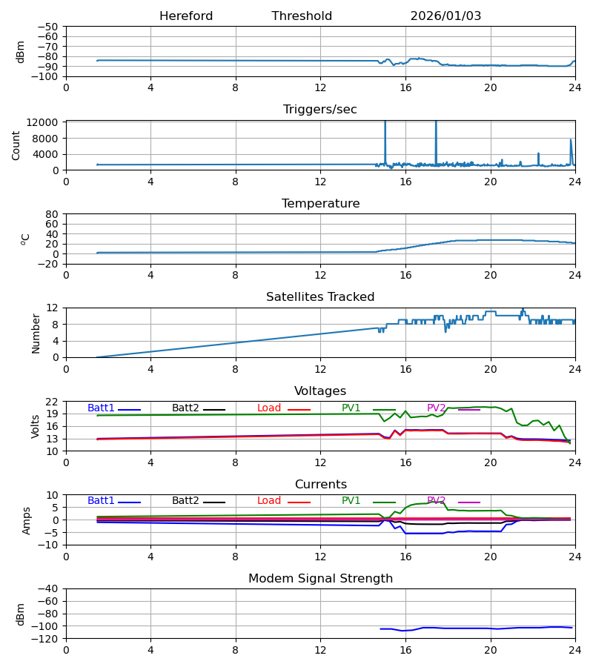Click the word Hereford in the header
click(x=186, y=16)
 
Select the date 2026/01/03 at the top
click(x=445, y=16)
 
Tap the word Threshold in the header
click(x=302, y=16)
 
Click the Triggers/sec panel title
click(x=320, y=110)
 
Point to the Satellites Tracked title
click(x=320, y=297)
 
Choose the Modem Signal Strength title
click(x=320, y=579)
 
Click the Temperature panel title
click(x=320, y=204)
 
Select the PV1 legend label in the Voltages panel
click(x=351, y=408)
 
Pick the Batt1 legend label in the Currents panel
click(x=101, y=501)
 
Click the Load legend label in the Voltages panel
click(x=269, y=408)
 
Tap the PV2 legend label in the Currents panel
click(x=437, y=501)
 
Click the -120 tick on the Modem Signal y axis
click(x=48, y=639)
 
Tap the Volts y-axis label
click(x=36, y=426)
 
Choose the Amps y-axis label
click(x=27, y=520)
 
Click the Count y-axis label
click(x=16, y=145)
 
